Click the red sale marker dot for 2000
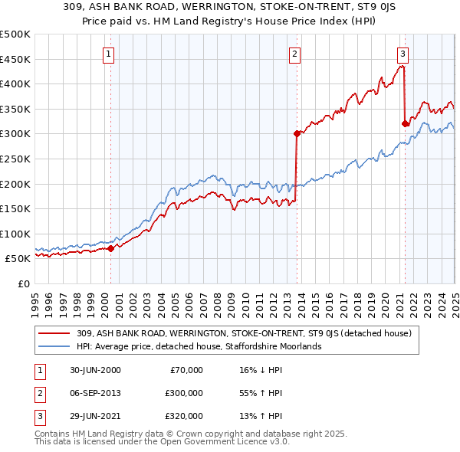pos(110,248)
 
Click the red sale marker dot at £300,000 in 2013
pos(295,133)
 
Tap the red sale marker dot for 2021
pos(405,123)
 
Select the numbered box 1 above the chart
pos(110,54)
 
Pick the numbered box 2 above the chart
pos(295,54)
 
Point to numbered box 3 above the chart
pos(403,54)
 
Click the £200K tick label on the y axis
pos(15,184)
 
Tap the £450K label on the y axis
pos(15,59)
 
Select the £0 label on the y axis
pos(24,283)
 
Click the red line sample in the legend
pos(55,333)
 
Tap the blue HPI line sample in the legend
pos(55,346)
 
